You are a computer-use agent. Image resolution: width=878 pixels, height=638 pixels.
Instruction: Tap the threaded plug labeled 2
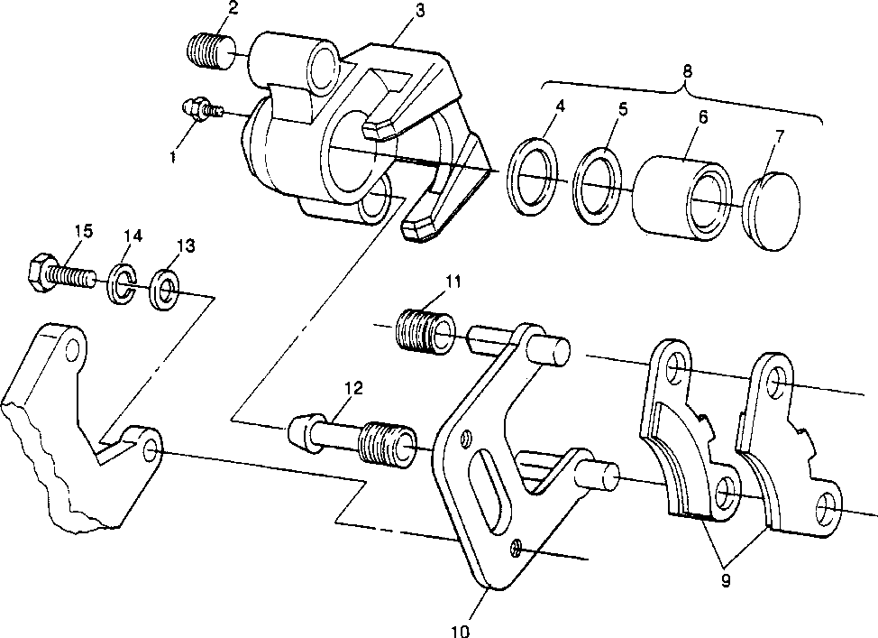211,51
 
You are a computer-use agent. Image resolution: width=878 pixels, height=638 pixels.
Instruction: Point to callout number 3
419,10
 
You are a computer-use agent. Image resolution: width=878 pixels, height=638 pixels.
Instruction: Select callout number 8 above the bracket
687,71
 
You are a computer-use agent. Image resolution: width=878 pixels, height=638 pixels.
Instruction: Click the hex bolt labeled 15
61,273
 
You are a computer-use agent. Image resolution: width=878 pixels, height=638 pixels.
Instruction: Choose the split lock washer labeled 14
122,283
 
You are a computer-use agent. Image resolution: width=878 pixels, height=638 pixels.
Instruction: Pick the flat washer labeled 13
165,291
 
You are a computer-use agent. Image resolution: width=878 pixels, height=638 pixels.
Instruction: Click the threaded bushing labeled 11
425,331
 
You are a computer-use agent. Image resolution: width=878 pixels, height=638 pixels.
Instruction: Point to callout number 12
354,387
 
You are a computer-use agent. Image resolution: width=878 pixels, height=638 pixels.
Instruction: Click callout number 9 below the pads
726,581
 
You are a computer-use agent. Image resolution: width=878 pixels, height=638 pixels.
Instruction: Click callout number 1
173,157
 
